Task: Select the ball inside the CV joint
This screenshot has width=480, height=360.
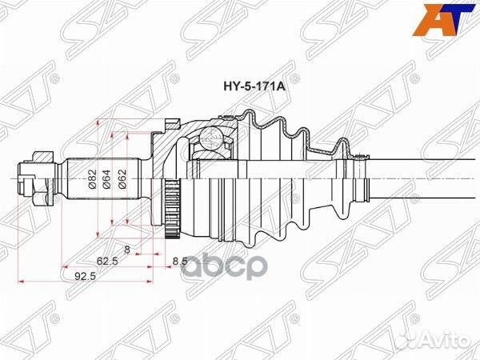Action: [x=214, y=139]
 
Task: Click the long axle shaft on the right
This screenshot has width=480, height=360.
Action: [x=424, y=170]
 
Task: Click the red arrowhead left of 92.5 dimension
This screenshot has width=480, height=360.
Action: [x=23, y=281]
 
